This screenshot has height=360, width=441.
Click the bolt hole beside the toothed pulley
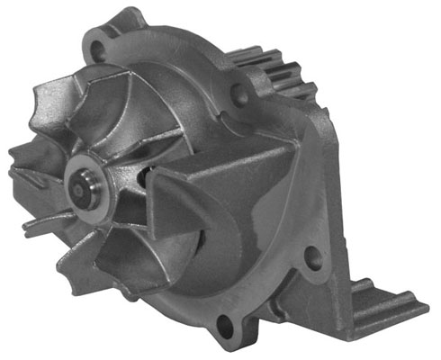pos(242,90)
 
